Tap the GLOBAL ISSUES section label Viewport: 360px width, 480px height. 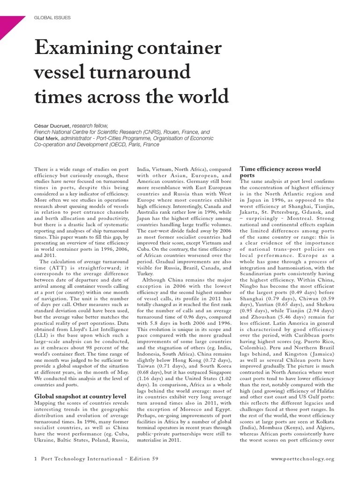pyautogui.click(x=52, y=18)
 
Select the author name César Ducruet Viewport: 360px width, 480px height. pyautogui.click(x=53, y=126)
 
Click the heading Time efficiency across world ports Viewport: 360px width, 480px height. pyautogui.click(x=280, y=172)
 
